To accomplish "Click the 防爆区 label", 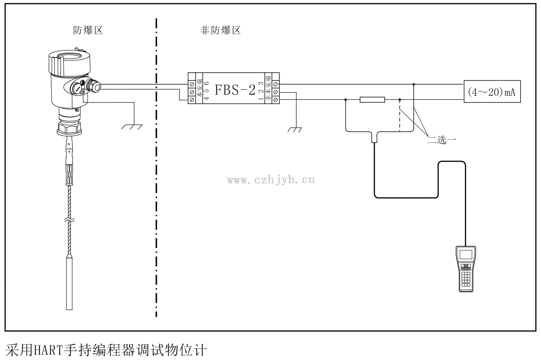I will pyautogui.click(x=88, y=30).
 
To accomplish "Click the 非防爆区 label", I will pyautogui.click(x=220, y=30).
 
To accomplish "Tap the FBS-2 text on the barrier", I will pyautogui.click(x=235, y=90).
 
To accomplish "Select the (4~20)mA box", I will pyautogui.click(x=492, y=92).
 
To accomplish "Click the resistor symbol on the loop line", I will pyautogui.click(x=372, y=100).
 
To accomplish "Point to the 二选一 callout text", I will pyautogui.click(x=442, y=140).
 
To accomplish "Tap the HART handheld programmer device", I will pyautogui.click(x=466, y=268).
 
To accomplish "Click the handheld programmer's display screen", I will pyautogui.click(x=466, y=254).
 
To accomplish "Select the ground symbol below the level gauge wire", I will pyautogui.click(x=132, y=127).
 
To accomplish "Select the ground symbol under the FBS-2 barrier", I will pyautogui.click(x=295, y=130).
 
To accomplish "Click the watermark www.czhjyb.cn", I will pyautogui.click(x=271, y=180).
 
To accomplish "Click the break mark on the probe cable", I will pyautogui.click(x=69, y=220).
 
